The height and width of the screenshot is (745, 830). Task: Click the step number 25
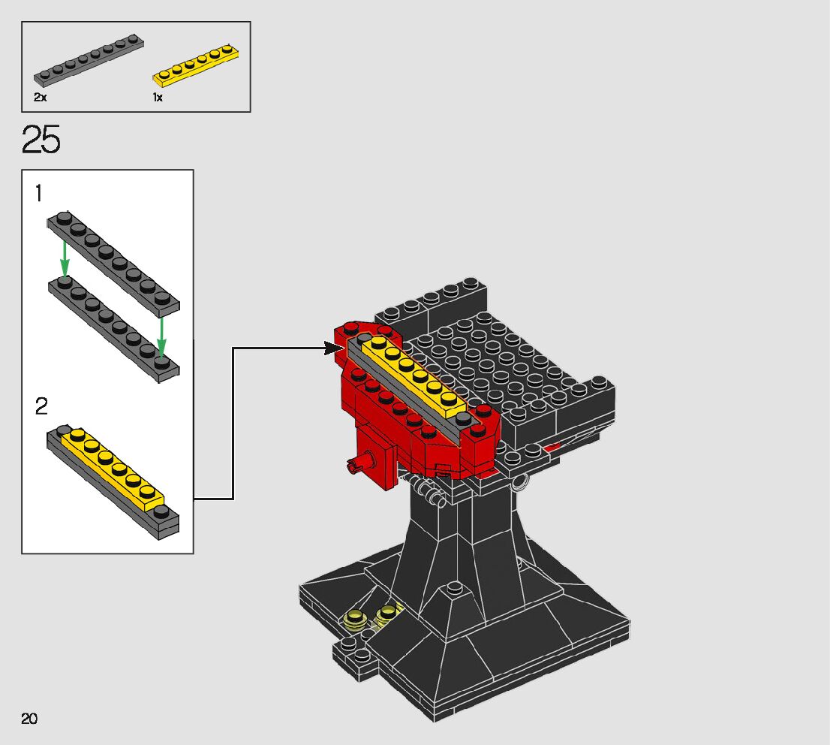(x=41, y=140)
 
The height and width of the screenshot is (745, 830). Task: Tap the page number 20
(x=29, y=719)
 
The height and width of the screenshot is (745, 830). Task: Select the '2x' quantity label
(x=41, y=97)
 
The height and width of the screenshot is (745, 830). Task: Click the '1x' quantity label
(x=158, y=97)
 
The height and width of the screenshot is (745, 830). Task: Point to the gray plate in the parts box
(x=89, y=60)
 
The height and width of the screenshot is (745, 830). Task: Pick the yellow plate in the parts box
(x=195, y=65)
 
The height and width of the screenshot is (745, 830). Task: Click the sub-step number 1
(x=38, y=194)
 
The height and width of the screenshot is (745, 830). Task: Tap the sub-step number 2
(x=41, y=406)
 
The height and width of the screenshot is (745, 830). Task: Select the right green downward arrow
(x=161, y=338)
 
